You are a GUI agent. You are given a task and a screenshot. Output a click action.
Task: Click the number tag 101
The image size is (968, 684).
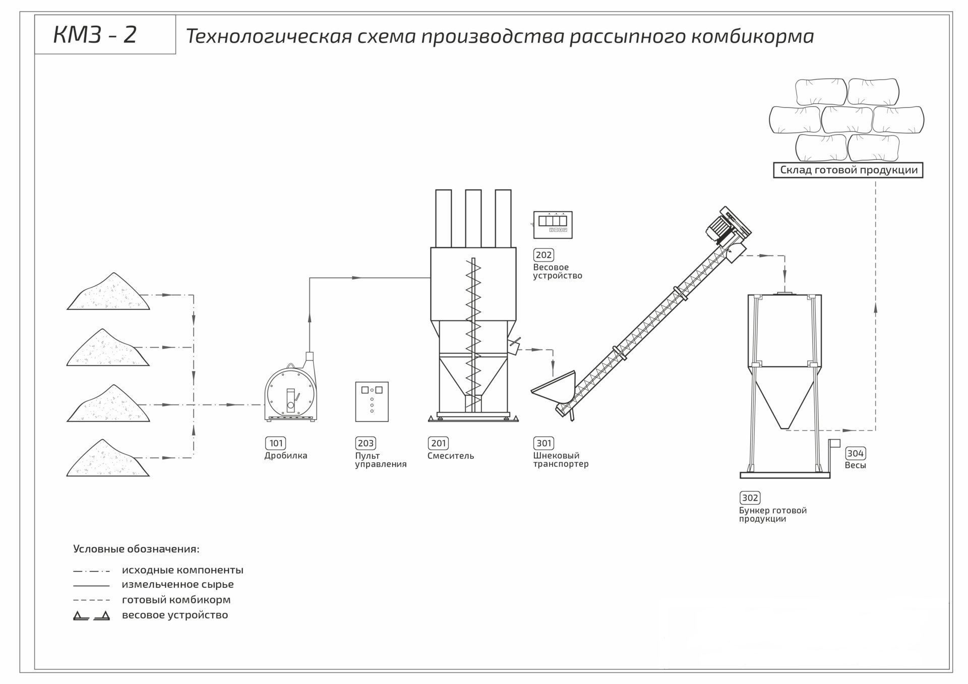[276, 443]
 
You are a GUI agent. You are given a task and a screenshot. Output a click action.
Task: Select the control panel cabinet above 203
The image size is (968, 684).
[372, 401]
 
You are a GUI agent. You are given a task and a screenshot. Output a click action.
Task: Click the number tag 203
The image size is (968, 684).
[366, 443]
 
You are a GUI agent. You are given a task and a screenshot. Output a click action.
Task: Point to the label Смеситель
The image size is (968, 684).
[450, 456]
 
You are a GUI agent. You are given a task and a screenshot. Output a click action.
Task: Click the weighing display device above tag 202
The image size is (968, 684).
[553, 225]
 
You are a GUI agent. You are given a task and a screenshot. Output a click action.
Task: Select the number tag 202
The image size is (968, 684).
[543, 255]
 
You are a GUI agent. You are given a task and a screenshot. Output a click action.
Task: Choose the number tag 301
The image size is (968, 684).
[543, 443]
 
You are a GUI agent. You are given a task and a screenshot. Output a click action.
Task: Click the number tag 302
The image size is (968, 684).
[750, 498]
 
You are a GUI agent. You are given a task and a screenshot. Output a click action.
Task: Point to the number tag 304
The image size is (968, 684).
[855, 453]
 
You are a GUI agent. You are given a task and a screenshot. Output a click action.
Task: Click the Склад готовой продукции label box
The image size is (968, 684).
[849, 170]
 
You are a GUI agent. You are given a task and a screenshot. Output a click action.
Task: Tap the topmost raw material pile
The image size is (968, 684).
[108, 295]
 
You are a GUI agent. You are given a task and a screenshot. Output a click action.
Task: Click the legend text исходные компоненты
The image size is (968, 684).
[183, 570]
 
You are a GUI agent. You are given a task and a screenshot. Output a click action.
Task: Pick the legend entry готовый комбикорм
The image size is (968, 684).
[176, 600]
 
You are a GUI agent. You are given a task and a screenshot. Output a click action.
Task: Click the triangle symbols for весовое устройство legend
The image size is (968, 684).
[91, 615]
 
